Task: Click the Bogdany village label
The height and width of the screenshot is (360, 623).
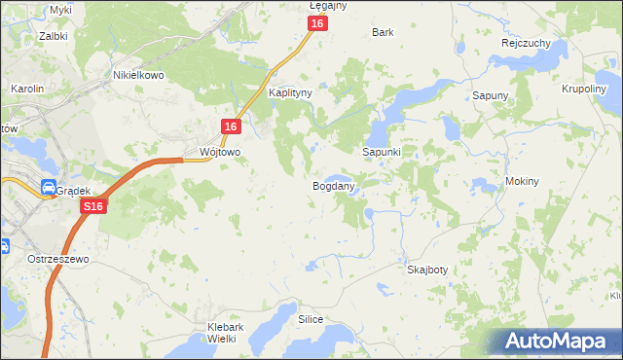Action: [333, 185]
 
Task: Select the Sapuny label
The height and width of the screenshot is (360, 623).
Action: [490, 95]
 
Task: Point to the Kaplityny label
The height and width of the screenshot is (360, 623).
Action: [289, 93]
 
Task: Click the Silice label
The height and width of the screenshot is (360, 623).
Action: [311, 319]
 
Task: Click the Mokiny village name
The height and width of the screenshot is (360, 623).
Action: [523, 182]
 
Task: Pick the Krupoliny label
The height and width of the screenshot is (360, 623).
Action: [585, 88]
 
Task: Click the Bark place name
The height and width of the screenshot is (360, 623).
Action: [383, 32]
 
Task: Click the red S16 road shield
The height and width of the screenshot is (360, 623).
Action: [92, 207]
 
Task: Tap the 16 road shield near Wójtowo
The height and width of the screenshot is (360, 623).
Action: [230, 127]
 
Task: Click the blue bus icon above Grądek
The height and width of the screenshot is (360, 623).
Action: [48, 188]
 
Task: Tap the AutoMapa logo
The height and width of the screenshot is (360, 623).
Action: [561, 341]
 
